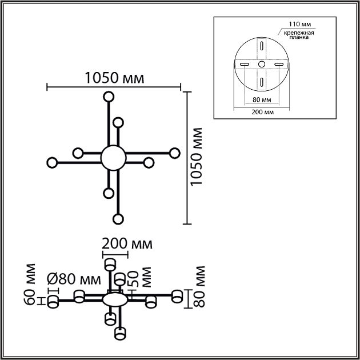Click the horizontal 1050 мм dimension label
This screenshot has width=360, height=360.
tap(114, 78)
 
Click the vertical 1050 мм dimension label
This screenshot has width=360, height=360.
tap(197, 157)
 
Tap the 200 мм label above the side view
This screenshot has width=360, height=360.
tap(127, 245)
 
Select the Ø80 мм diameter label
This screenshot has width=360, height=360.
tap(71, 279)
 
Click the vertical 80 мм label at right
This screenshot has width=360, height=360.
tap(199, 286)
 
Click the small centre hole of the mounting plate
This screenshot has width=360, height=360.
tap(261, 65)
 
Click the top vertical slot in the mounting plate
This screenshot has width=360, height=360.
tap(261, 47)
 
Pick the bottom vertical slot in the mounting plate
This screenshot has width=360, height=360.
tap(261, 82)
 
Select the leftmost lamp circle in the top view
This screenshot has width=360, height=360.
tap(52, 162)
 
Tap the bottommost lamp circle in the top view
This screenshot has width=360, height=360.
tap(118, 219)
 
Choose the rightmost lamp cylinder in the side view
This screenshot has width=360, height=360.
tap(178, 296)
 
